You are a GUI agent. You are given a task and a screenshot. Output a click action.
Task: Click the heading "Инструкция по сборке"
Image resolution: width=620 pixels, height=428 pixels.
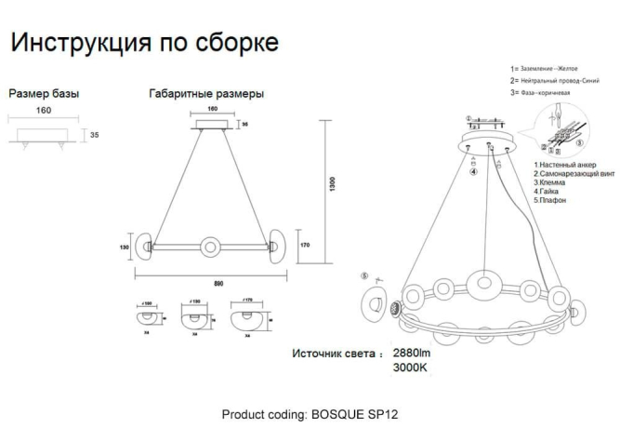(x=143, y=43)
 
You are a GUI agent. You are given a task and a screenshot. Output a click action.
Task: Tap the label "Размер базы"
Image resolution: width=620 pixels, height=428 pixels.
(x=44, y=94)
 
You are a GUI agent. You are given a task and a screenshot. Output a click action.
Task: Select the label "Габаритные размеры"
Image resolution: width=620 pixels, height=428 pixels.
(x=205, y=94)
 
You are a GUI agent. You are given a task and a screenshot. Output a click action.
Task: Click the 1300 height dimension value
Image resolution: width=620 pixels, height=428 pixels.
(x=332, y=185)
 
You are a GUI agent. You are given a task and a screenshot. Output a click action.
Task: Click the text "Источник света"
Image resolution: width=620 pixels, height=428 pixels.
(x=336, y=354)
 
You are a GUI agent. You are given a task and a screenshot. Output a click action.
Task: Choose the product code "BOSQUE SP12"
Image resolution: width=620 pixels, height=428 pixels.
(x=362, y=412)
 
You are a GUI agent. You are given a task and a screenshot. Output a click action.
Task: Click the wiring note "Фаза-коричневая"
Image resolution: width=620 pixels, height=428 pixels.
(x=552, y=94)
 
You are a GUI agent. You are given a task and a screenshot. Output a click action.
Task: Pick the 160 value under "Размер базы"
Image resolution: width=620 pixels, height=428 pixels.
(x=43, y=111)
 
